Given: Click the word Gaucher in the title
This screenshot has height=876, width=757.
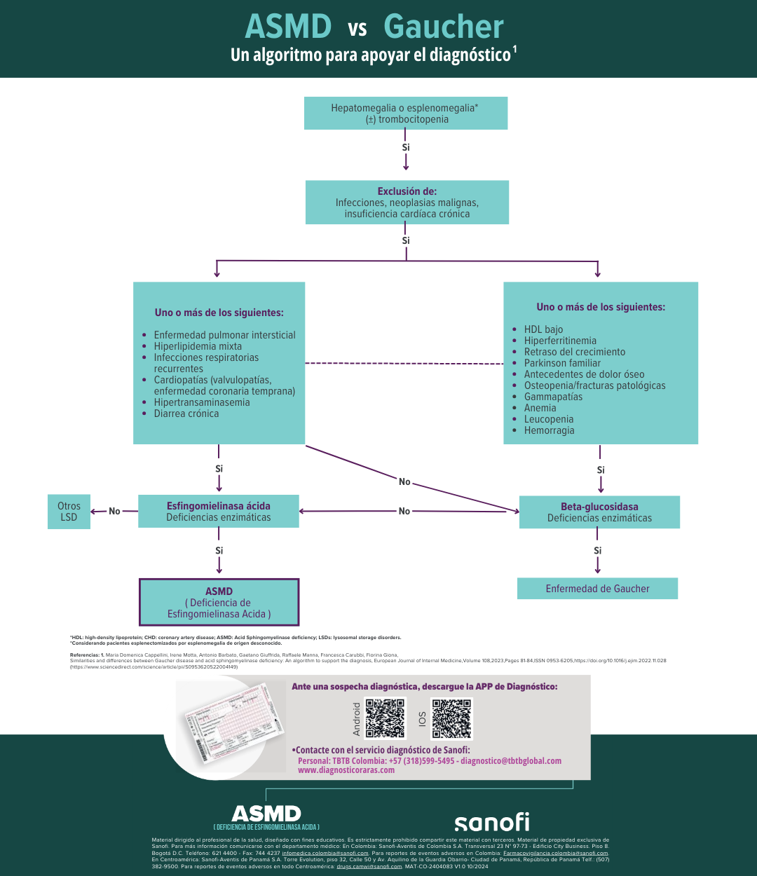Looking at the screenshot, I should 444,27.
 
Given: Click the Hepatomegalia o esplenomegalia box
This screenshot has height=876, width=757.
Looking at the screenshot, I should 405,114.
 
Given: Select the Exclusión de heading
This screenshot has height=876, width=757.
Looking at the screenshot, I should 407,191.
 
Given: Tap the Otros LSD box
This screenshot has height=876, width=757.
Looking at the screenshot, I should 69,512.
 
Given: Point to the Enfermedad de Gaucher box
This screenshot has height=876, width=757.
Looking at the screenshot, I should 597,589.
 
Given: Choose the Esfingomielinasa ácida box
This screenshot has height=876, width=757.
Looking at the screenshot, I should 219,512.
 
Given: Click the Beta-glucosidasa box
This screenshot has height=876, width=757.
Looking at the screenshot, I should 599,512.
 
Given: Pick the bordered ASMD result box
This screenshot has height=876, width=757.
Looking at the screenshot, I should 219,602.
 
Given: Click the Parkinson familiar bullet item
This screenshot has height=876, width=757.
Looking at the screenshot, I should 562,363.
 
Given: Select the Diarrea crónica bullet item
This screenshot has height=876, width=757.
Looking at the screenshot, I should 186,413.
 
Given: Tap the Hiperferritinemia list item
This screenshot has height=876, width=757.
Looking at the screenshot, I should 560,341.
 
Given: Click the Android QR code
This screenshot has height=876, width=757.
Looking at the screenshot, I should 386,718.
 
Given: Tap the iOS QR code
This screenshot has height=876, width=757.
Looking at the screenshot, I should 451,718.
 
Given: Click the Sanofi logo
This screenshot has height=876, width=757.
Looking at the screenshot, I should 491,822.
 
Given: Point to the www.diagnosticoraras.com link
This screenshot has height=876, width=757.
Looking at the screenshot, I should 346,770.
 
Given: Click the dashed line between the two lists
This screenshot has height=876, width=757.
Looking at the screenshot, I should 404,363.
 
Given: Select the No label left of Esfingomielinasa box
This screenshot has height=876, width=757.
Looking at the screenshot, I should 114,512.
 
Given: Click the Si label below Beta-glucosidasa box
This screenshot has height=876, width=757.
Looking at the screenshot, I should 597,551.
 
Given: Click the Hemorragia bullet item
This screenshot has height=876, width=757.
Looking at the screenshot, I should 549,430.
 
